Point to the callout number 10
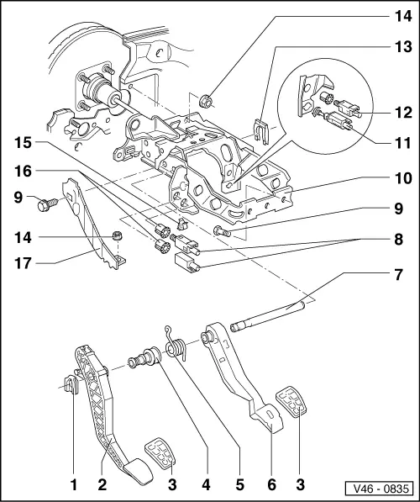pos(394,178)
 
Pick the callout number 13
pos(394,50)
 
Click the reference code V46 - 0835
pos(381,488)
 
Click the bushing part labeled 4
pos(143,359)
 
